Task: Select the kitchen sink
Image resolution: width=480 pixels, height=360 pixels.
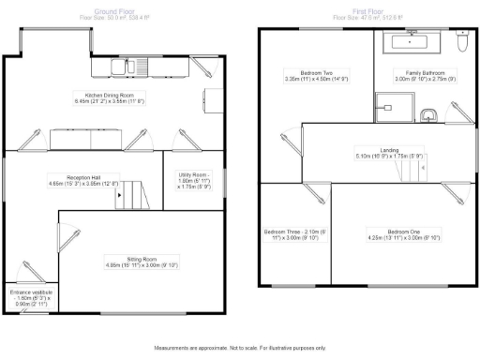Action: [120, 66]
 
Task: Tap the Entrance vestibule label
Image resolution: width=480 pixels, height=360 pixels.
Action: [29, 297]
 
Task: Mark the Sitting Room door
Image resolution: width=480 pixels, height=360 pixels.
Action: [70, 224]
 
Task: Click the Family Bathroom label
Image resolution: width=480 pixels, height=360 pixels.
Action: [424, 76]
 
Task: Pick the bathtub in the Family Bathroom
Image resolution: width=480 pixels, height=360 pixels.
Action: [411, 42]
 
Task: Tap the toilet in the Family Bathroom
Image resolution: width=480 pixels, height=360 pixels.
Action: [459, 42]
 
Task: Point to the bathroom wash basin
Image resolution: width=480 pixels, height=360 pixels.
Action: [428, 115]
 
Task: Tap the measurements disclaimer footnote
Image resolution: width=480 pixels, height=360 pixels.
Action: [239, 348]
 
